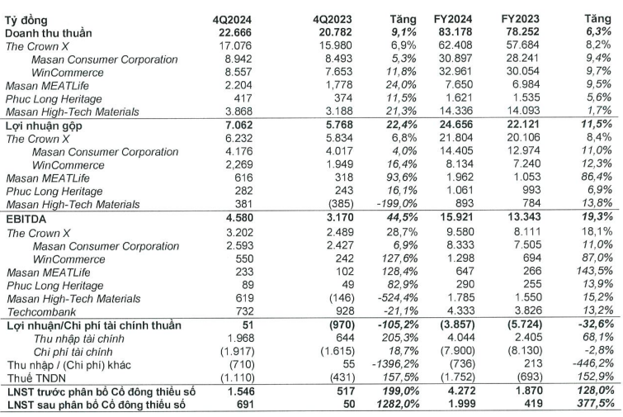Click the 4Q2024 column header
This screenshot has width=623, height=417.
tap(232, 20)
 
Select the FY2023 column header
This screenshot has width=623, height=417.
tap(520, 19)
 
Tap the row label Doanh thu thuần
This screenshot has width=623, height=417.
tap(49, 33)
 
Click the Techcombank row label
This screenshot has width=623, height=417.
tap(41, 312)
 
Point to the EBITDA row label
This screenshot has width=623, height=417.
tap(26, 219)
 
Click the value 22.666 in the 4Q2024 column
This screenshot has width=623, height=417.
tap(235, 32)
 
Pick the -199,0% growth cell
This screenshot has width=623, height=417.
tap(397, 204)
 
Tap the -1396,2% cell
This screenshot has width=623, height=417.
tap(394, 364)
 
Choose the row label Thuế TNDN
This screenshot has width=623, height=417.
tap(36, 378)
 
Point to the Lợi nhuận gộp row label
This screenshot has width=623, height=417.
tap(44, 126)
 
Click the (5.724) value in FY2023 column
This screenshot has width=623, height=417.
tap(525, 325)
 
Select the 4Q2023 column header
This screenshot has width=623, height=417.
tap(333, 20)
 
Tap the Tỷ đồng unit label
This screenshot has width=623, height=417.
tap(26, 20)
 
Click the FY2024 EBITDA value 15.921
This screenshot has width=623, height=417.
tap(456, 217)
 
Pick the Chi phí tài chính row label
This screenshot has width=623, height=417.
tap(73, 353)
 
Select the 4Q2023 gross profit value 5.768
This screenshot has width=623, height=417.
tap(336, 125)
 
